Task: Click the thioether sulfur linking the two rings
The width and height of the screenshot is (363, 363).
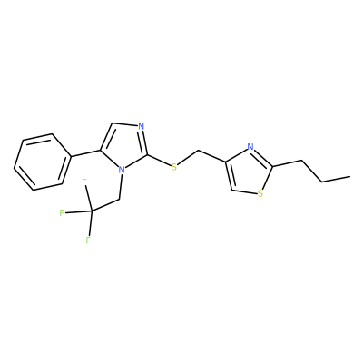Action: (x=173, y=167)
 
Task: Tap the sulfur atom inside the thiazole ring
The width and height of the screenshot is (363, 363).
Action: (x=260, y=194)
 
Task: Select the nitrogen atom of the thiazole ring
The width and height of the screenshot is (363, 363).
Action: (x=250, y=147)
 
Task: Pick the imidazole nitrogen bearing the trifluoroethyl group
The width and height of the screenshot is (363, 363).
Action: (x=122, y=170)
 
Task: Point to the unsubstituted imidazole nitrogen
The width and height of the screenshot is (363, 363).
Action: (x=140, y=126)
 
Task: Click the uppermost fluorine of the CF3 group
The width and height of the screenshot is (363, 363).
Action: (x=84, y=182)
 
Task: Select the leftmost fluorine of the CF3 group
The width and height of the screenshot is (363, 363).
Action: (x=62, y=213)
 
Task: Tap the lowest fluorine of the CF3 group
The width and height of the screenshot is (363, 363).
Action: (x=88, y=240)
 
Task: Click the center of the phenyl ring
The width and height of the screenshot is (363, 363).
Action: (x=43, y=162)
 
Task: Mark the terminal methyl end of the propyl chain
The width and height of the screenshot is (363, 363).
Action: (x=350, y=176)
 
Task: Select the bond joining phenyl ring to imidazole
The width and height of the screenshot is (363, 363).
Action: (x=86, y=153)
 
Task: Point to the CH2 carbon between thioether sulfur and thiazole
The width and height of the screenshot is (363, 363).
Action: (x=198, y=150)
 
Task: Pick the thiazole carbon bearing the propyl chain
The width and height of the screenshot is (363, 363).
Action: (x=273, y=166)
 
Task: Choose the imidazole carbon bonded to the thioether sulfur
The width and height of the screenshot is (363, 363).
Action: (x=148, y=155)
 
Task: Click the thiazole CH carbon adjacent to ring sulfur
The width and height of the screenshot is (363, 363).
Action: (x=231, y=191)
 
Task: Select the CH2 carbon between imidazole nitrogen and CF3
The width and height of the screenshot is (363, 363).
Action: (x=120, y=199)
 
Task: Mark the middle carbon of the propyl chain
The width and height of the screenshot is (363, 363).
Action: (x=321, y=181)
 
